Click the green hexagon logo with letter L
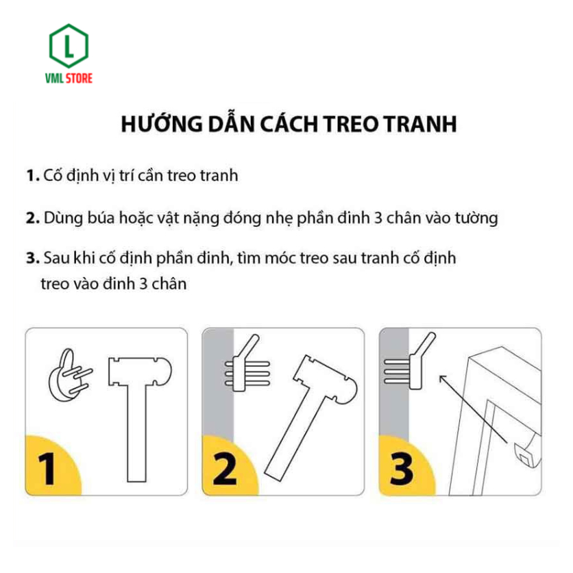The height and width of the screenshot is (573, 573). (69, 46)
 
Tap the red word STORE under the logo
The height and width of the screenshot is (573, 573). (79, 78)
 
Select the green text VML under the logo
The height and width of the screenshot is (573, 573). (54, 78)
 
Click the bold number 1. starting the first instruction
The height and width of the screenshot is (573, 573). (33, 175)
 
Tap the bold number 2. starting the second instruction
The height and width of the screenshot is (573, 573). (33, 218)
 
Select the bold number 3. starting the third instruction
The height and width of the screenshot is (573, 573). (33, 258)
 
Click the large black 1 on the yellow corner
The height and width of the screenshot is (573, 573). (47, 469)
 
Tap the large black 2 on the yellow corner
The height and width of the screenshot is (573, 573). (224, 469)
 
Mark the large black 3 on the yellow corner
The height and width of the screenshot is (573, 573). (402, 469)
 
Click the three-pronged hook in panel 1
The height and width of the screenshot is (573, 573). (69, 376)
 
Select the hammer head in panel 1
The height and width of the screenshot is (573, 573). (140, 371)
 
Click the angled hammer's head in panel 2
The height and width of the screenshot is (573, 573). (326, 380)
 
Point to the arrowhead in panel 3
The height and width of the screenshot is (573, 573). (443, 379)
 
